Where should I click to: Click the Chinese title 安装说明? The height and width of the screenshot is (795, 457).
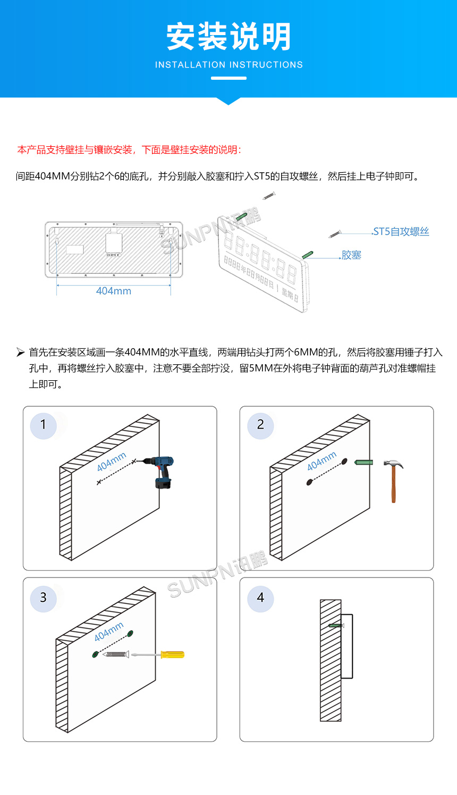[228, 37]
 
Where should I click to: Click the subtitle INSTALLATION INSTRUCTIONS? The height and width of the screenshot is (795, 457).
[228, 65]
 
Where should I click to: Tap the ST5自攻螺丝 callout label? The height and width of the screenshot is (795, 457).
[401, 232]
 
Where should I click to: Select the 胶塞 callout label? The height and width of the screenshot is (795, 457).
[351, 255]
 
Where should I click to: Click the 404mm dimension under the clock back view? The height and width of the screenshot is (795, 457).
[114, 291]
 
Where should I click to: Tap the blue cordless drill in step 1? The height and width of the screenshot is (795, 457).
[162, 471]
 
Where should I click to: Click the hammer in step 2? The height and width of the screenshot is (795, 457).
[393, 479]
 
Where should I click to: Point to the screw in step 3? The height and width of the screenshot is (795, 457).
[116, 654]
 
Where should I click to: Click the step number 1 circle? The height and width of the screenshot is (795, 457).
[44, 425]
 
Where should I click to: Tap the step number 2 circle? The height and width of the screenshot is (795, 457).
[260, 425]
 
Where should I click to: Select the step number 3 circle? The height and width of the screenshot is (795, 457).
[44, 598]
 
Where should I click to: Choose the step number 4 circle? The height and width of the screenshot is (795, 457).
[260, 598]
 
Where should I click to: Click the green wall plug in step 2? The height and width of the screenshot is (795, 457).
[363, 463]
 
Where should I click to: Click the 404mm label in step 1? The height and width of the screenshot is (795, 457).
[112, 462]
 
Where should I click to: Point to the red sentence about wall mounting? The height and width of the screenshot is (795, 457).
[129, 150]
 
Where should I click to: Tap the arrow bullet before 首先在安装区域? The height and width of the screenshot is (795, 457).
[20, 352]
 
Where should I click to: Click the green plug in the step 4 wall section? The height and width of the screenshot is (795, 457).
[335, 625]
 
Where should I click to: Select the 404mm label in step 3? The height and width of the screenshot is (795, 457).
[109, 631]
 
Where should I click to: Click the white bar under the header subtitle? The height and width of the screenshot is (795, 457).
[228, 78]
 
